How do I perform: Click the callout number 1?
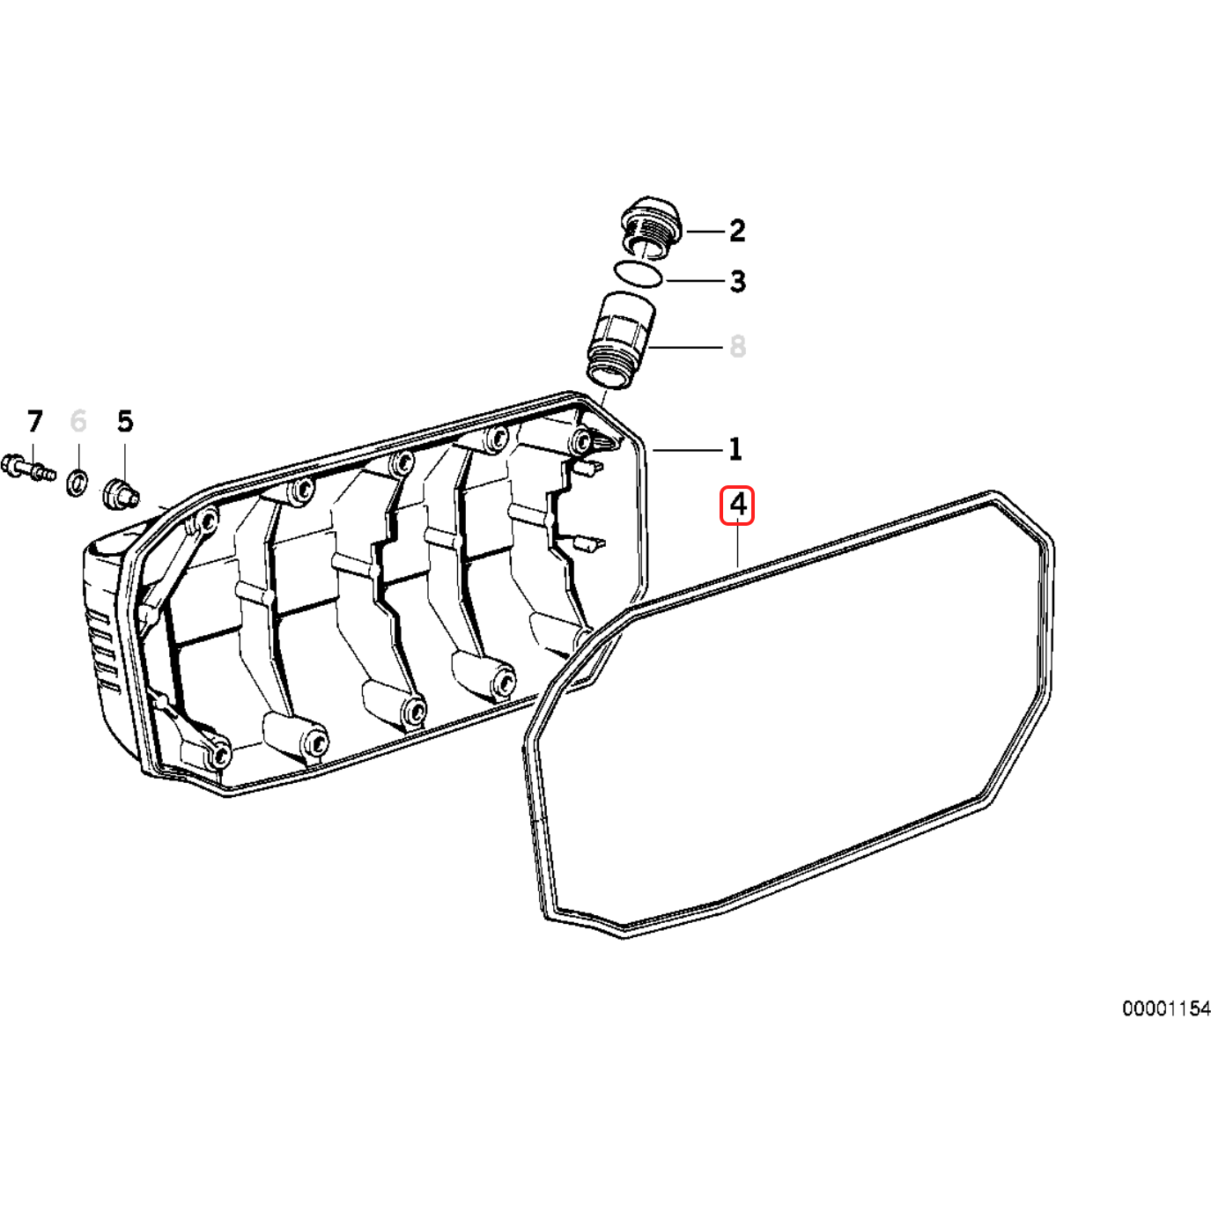(735, 449)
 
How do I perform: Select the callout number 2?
(737, 231)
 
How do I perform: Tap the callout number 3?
(737, 282)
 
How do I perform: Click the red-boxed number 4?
(737, 506)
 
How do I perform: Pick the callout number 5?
(125, 422)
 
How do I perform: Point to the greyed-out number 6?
(78, 422)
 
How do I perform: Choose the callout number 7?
(34, 422)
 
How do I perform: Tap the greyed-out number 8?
(737, 347)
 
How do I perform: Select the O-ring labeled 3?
(638, 274)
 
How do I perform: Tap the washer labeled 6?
(78, 483)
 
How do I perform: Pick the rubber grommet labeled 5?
(120, 494)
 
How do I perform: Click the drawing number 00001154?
(1165, 1008)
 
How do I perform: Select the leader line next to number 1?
(687, 450)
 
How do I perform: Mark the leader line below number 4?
(737, 546)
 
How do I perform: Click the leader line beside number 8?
(687, 347)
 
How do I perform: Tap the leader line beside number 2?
(705, 232)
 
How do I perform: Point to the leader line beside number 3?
(696, 281)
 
